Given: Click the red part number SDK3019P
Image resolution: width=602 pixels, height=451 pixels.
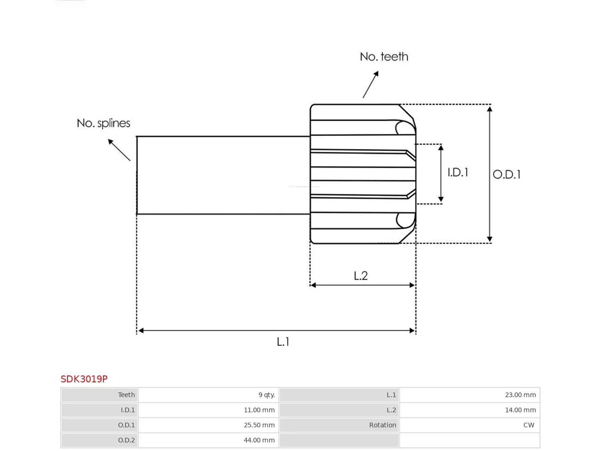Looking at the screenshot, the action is (x=84, y=379).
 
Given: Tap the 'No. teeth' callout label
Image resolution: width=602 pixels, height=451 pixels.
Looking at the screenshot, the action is (x=384, y=57).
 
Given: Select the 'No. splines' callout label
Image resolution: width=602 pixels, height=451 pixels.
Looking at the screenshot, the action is (x=103, y=123).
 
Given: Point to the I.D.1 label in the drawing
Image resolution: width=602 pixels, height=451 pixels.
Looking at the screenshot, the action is (x=458, y=172).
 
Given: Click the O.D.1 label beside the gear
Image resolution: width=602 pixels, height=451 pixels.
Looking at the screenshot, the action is (x=506, y=174).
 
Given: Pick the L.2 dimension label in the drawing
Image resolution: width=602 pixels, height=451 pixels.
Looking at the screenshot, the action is (x=360, y=275).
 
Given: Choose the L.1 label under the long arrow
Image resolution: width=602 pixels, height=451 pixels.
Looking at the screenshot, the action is (x=283, y=342).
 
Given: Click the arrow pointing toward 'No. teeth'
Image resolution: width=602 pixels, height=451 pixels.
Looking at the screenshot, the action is (x=371, y=85).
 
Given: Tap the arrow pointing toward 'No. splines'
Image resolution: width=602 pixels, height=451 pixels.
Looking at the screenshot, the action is (x=119, y=150).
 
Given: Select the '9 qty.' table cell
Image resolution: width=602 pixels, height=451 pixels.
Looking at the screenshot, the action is (x=267, y=395).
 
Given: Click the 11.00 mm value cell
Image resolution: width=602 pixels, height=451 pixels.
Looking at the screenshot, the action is (x=259, y=410).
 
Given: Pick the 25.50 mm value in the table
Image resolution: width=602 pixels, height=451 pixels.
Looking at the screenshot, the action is (x=259, y=425).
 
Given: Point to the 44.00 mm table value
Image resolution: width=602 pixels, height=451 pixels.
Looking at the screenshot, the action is (x=259, y=440).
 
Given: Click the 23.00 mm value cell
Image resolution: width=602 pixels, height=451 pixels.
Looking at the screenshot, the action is (x=520, y=395).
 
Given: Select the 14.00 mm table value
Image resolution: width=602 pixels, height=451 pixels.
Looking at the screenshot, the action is (x=520, y=410).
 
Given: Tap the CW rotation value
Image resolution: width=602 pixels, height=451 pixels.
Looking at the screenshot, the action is (x=529, y=425).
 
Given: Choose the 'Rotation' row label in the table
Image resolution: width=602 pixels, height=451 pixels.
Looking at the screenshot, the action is (x=382, y=425).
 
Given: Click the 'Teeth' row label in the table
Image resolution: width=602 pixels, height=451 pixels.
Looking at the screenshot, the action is (x=126, y=395).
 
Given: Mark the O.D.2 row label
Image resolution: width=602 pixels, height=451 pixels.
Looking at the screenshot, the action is (x=126, y=440).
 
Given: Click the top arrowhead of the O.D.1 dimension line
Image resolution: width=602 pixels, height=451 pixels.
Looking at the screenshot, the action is (x=490, y=109).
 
